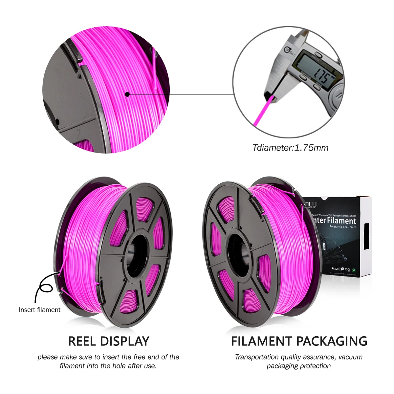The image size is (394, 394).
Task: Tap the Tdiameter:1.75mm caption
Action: tap(290, 148)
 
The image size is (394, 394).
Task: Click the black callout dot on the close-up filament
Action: tap(127, 94)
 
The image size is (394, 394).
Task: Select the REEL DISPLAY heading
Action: tap(109, 341)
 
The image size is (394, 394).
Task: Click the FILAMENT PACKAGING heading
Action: tap(299, 341)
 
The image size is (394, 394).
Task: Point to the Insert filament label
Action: tap(39, 310)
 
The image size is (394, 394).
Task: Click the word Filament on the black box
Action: tap(341, 220)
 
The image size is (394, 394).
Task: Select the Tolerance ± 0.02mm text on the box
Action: tap(343, 227)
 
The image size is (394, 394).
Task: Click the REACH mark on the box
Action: tap(335, 269)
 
